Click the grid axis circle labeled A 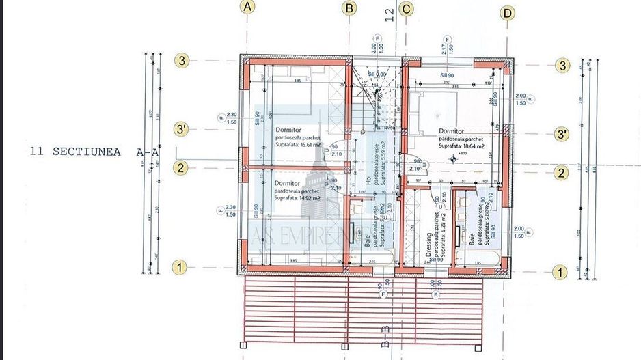(247, 8)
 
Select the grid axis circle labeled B (350, 8)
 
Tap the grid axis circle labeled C (406, 9)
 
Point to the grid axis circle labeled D (507, 12)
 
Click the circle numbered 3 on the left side (181, 60)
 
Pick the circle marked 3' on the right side (562, 134)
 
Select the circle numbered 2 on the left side (180, 168)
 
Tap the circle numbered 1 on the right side (560, 272)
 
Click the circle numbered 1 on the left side (179, 267)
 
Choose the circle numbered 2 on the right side (561, 174)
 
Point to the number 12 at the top (390, 14)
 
